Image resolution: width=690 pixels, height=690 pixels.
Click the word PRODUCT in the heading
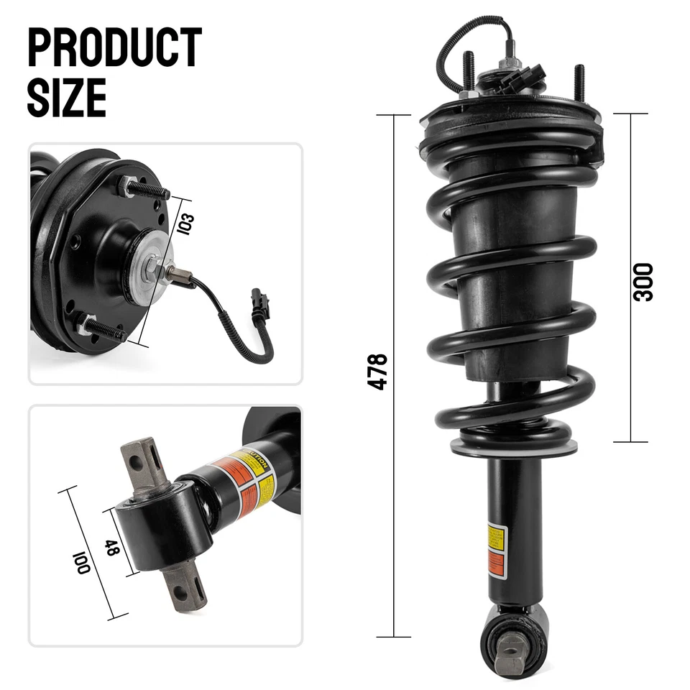(x=114, y=47)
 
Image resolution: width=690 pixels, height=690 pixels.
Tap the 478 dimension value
(x=378, y=372)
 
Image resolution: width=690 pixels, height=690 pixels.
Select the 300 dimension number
(x=643, y=281)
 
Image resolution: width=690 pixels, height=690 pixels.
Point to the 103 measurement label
(x=184, y=221)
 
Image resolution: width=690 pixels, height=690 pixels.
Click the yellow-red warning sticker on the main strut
(x=496, y=550)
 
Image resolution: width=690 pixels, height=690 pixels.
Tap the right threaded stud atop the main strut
(x=579, y=79)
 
